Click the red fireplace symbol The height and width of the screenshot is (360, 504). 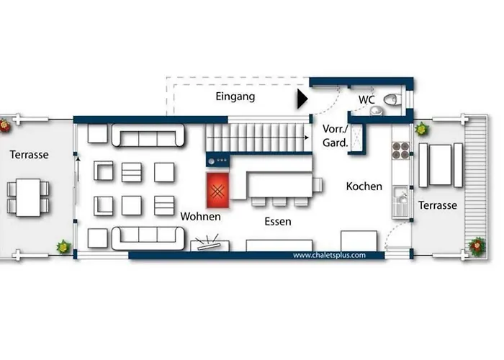[x=217, y=190]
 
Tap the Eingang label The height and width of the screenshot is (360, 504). [x=235, y=96]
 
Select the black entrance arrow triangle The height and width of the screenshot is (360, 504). [x=302, y=99]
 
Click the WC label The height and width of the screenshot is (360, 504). [x=366, y=99]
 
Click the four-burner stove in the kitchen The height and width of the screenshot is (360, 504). [x=401, y=150]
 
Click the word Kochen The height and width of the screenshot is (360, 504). [x=364, y=186]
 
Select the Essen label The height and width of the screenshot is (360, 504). [x=278, y=222]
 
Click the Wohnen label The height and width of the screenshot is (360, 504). [x=201, y=216]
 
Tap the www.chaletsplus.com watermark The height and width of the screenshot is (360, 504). [x=330, y=255]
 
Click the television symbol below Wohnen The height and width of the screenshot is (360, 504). [x=210, y=244]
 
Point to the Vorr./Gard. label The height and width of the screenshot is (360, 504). [x=336, y=135]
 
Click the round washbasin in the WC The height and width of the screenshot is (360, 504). [x=376, y=111]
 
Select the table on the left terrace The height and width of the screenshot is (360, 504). [x=28, y=197]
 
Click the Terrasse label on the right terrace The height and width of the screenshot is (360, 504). [x=438, y=205]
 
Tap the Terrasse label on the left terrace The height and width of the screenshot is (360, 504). [x=30, y=155]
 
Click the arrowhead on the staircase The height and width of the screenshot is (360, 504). [x=307, y=138]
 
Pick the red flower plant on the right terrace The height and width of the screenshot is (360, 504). [x=477, y=246]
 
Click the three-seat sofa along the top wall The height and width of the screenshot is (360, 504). [x=148, y=135]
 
